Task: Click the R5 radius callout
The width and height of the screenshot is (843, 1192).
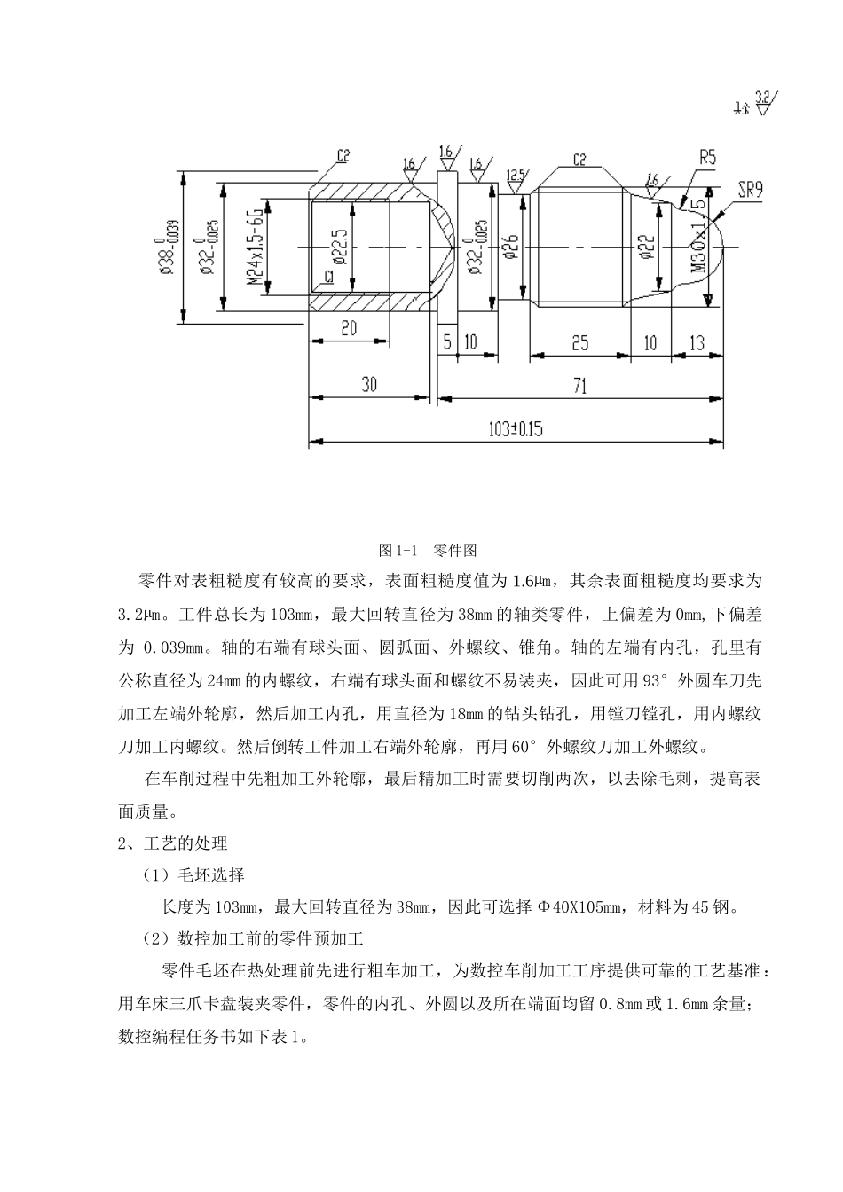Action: click(x=707, y=158)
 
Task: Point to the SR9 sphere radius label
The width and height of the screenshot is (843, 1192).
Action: click(x=751, y=189)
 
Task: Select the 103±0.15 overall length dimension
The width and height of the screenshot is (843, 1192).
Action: click(x=516, y=429)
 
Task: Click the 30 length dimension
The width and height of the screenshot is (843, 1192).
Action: click(x=369, y=384)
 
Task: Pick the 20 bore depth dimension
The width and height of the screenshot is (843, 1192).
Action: click(x=348, y=329)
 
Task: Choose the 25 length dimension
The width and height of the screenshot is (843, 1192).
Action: click(x=579, y=341)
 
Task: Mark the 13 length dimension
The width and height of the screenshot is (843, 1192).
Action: click(x=697, y=341)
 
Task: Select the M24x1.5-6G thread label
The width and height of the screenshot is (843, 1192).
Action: click(x=255, y=247)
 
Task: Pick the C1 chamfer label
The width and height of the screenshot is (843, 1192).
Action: click(x=328, y=278)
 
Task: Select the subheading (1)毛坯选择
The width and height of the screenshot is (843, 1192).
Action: click(x=193, y=874)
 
